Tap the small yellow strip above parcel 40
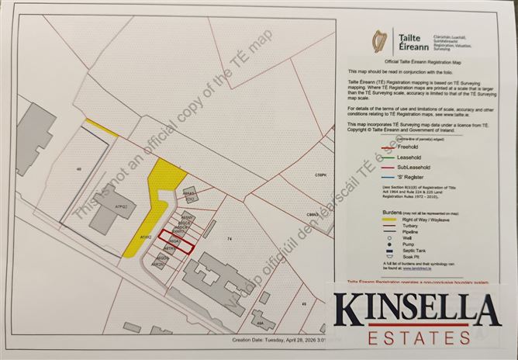(x=102, y=128)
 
